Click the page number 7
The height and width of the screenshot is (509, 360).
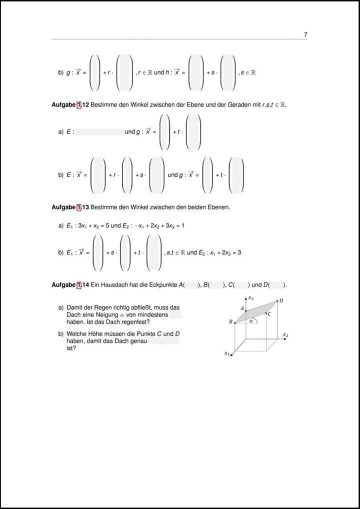pyautogui.click(x=305, y=34)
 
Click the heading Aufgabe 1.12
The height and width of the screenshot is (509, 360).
pyautogui.click(x=70, y=104)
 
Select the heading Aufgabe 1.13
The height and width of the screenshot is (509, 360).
pyautogui.click(x=70, y=207)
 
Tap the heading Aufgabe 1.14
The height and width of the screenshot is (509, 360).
pyautogui.click(x=70, y=285)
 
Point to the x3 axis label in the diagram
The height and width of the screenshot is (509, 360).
pyautogui.click(x=251, y=298)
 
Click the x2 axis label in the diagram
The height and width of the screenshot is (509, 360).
pyautogui.click(x=285, y=335)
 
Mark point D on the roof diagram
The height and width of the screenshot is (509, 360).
pyautogui.click(x=281, y=300)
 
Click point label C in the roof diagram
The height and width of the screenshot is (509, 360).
pyautogui.click(x=269, y=314)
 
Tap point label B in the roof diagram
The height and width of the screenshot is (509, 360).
pyautogui.click(x=230, y=322)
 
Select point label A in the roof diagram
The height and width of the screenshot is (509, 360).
pyautogui.click(x=242, y=308)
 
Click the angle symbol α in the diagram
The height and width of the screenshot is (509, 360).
pyautogui.click(x=251, y=321)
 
